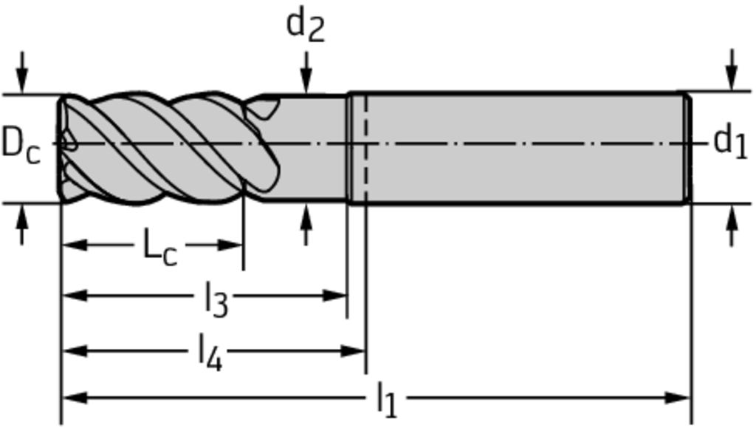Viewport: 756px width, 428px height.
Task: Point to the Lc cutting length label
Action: (x=160, y=248)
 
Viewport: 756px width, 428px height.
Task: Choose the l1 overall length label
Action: (x=387, y=399)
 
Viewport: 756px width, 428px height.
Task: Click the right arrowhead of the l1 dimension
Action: (x=678, y=398)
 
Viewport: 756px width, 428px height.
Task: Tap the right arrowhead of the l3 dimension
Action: (x=334, y=295)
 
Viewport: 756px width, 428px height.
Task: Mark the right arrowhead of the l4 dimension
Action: (x=353, y=351)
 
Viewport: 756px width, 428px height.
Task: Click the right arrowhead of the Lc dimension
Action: (x=231, y=245)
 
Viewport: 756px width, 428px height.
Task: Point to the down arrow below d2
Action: (x=306, y=72)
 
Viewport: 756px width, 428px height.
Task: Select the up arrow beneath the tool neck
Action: (x=306, y=225)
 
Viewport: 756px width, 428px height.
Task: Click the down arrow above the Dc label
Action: (x=21, y=72)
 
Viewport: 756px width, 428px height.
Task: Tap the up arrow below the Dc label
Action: (x=21, y=225)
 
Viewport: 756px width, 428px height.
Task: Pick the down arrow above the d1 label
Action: (x=732, y=69)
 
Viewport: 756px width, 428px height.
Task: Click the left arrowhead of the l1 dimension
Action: (x=75, y=398)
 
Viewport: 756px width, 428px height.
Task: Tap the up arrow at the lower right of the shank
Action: (x=732, y=225)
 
